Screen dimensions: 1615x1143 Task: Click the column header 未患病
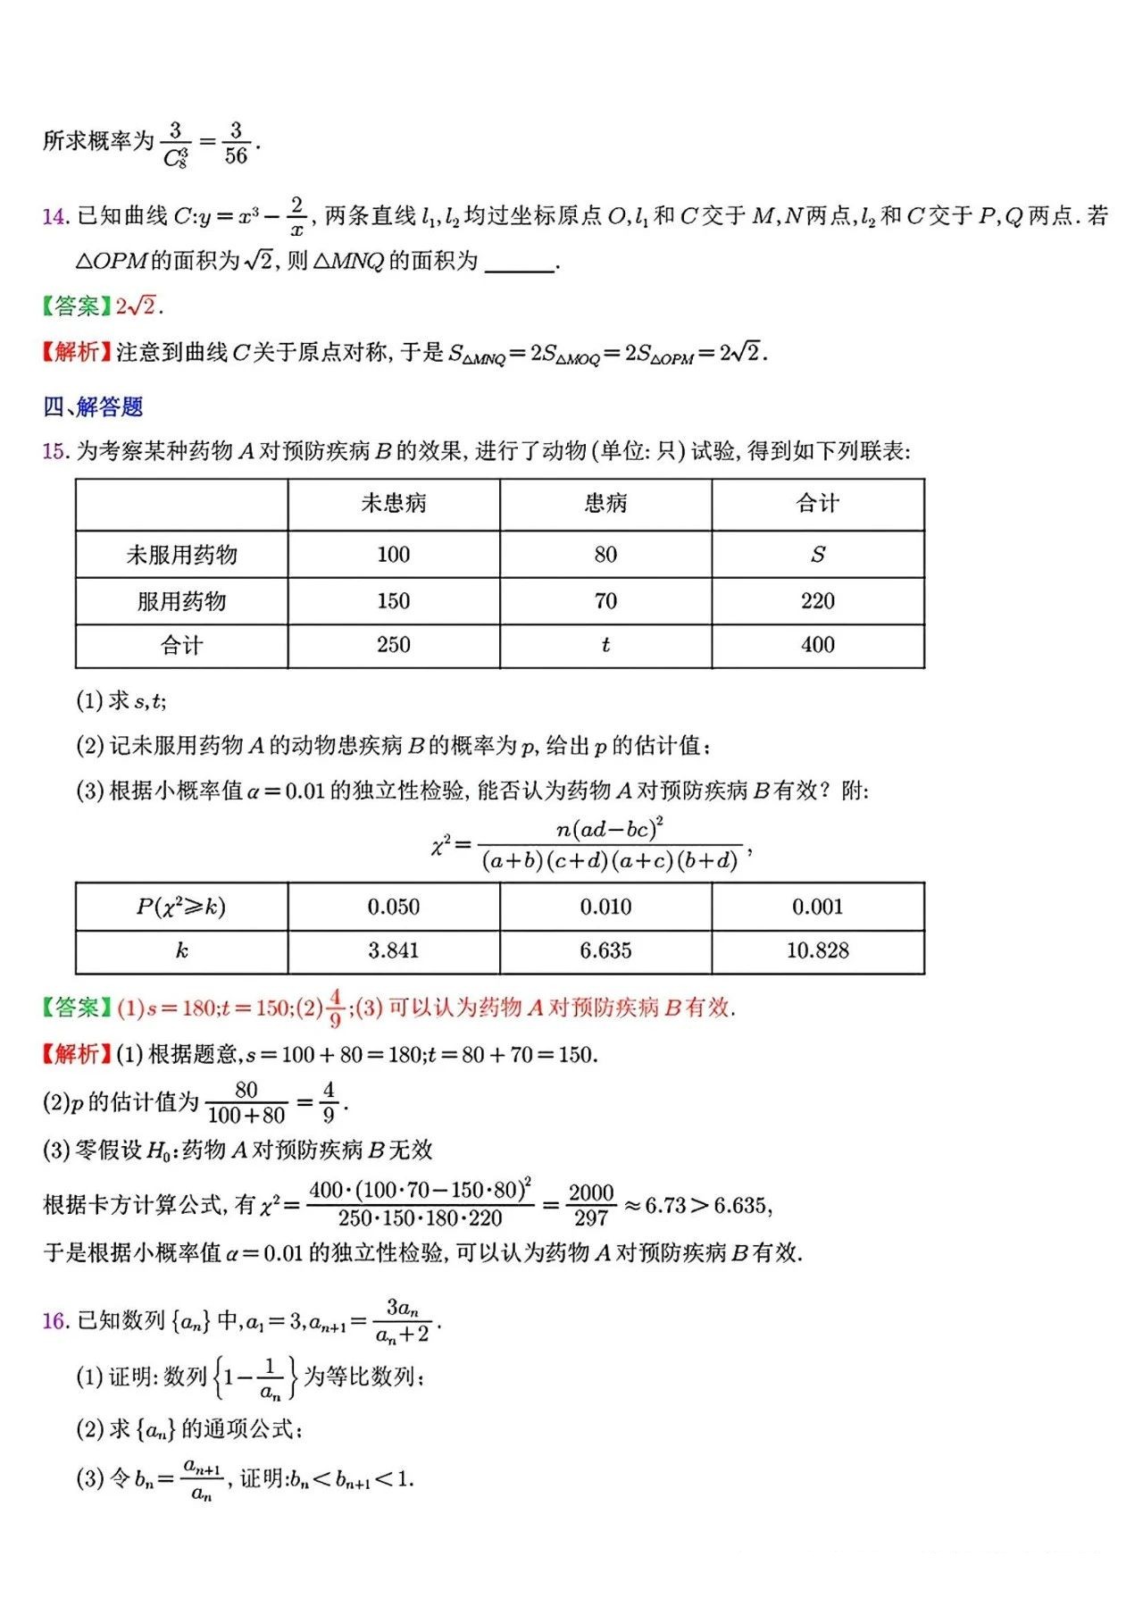394,504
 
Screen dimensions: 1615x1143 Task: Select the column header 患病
605,504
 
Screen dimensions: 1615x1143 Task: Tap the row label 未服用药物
181,555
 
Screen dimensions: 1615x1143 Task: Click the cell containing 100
394,555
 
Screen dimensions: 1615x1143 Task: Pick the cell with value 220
817,601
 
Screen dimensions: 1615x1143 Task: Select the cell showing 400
817,645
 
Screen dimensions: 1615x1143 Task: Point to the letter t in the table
605,645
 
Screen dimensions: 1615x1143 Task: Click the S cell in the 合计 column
817,555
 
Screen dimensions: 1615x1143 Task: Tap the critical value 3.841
394,951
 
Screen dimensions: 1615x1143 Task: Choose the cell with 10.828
817,951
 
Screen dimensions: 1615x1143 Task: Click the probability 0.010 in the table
605,908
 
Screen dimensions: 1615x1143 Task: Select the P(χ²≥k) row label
181,908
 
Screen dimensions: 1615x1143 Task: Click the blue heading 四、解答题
93,407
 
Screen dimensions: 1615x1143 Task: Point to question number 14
54,216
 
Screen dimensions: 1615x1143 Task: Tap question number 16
54,1321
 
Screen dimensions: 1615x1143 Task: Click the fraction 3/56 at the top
236,143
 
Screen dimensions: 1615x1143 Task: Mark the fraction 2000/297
591,1206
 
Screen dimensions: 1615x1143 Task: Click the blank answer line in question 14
519,264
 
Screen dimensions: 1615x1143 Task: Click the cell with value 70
605,601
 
